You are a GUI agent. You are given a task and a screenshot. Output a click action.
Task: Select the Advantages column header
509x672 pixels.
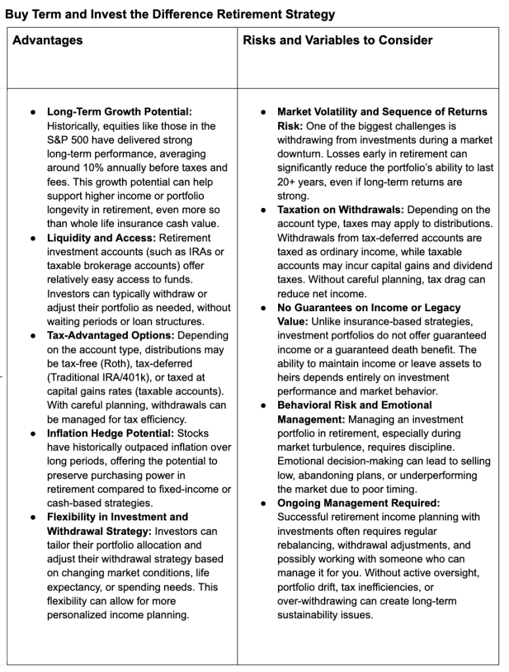[48, 41]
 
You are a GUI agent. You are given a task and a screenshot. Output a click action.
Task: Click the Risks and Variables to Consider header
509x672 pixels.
[338, 41]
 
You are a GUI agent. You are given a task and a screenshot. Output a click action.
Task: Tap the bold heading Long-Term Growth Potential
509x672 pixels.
[119, 112]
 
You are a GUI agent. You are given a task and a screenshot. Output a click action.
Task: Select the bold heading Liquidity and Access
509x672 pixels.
[101, 238]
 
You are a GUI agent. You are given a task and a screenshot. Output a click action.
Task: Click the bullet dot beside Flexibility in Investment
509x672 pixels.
[33, 517]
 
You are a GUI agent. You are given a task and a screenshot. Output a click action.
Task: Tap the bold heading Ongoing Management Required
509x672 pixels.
[358, 503]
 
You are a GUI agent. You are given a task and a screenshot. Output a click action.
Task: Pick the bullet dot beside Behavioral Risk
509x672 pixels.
[264, 406]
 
